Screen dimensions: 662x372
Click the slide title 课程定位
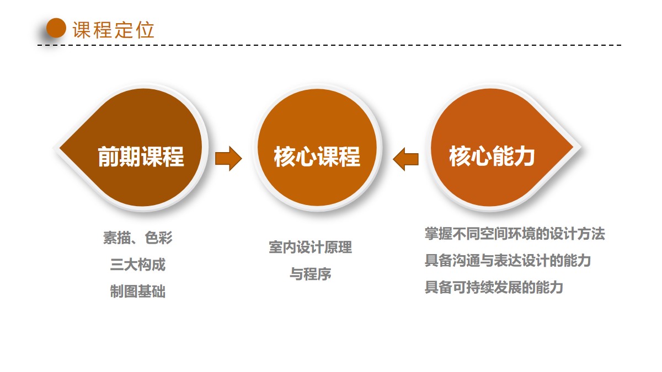point(114,30)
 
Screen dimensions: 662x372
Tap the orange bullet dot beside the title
point(56,28)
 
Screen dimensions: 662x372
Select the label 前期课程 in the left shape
point(141,157)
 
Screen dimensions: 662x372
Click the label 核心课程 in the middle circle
point(317,157)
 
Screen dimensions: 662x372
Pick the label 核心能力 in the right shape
point(492,157)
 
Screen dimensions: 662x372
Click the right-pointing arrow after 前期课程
point(228,159)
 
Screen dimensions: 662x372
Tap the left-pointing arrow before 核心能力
point(406,159)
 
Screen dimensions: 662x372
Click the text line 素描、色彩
point(138,238)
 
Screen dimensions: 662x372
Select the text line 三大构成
point(138,264)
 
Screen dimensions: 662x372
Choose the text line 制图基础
point(138,291)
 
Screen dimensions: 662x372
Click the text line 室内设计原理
point(310,247)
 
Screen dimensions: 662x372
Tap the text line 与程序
point(310,274)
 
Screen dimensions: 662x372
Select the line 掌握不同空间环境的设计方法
point(515,234)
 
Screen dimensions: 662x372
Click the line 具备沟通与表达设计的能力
point(508,260)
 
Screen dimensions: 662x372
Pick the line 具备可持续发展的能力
point(494,287)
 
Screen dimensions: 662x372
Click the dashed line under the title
point(329,45)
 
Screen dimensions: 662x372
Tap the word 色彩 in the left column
point(159,238)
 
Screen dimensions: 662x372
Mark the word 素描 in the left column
point(117,238)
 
